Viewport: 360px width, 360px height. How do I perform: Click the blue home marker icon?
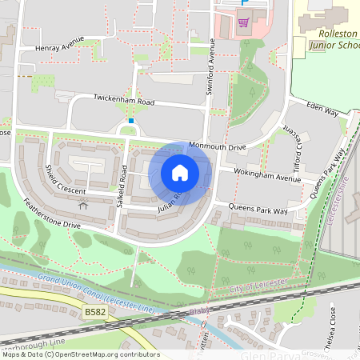coord(179,173)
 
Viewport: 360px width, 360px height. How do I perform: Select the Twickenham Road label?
coord(123,101)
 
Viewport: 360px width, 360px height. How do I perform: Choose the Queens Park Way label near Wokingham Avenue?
coord(258,210)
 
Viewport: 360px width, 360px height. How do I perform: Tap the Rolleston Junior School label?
coord(334,40)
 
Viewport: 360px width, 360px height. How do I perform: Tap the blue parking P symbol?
coord(244,3)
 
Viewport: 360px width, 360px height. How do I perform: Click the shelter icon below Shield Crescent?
coord(83,205)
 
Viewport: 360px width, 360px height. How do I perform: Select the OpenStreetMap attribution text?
coord(80,354)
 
